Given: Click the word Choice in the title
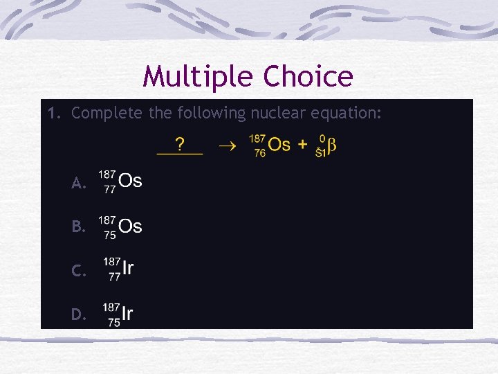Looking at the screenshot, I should [306, 77].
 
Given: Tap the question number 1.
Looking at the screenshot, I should [53, 112].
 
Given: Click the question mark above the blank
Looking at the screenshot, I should [180, 144].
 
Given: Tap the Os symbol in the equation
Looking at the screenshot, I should [279, 144].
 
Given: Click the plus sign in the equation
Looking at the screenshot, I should [302, 145].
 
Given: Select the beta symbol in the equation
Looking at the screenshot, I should [331, 145].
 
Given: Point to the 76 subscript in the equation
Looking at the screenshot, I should [260, 153].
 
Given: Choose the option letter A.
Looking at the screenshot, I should [78, 184].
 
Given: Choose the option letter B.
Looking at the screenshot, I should [78, 226].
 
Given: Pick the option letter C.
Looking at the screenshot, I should [78, 271].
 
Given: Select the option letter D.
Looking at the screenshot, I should [78, 315].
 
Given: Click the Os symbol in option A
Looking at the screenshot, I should [130, 181].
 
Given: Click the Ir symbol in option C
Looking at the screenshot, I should [128, 269].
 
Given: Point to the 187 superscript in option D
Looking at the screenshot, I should [111, 306].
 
